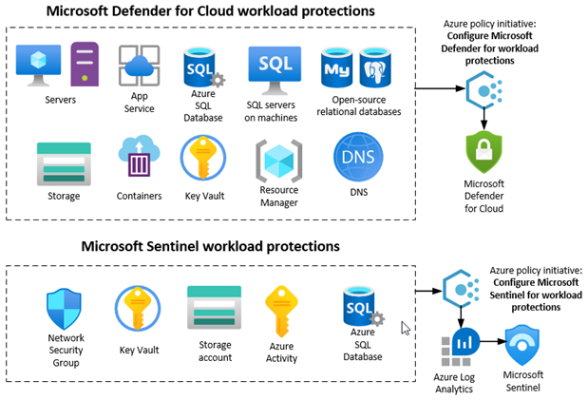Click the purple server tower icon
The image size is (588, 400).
click(84, 66)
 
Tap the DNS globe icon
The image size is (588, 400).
click(356, 157)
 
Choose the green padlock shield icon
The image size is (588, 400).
click(484, 153)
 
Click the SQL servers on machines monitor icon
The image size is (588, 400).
click(275, 67)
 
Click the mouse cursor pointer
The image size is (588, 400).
click(407, 329)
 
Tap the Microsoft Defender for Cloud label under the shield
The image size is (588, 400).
click(484, 195)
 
